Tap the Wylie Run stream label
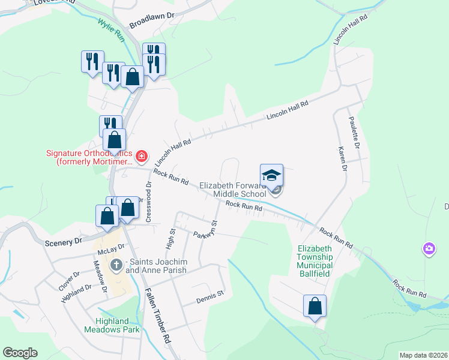point(112,32)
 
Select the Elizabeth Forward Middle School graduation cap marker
point(271,176)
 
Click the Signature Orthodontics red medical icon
point(142,157)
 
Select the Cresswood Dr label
point(148,203)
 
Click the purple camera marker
point(429,248)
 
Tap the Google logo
point(20,353)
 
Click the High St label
point(170,239)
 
